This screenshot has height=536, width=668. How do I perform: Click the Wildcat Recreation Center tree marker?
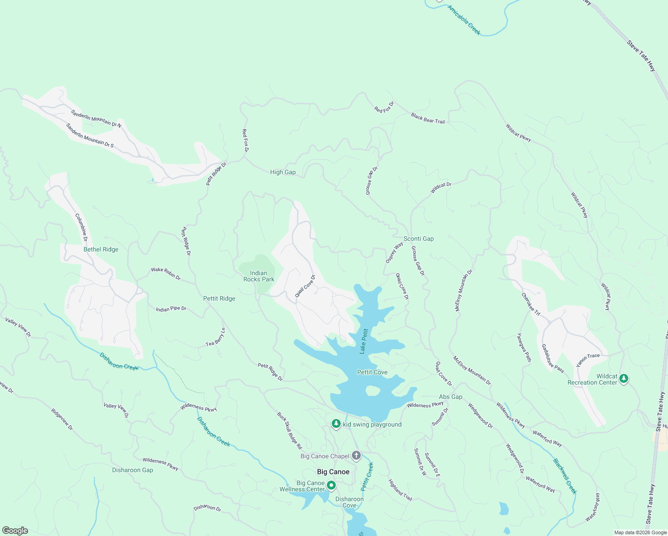(x=624, y=379)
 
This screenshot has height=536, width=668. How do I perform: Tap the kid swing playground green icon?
(x=336, y=424)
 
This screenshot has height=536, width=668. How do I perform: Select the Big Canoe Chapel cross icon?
(x=356, y=456)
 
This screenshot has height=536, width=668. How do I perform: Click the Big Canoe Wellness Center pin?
(x=331, y=485)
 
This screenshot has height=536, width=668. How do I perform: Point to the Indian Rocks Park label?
(x=259, y=276)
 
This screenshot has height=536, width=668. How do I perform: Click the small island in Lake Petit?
(x=372, y=391)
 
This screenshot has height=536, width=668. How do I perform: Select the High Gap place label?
(x=283, y=172)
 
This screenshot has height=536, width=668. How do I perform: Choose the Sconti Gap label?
(x=418, y=239)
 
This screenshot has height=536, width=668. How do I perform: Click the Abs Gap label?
(x=451, y=397)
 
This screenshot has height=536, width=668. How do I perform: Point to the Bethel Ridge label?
(x=101, y=249)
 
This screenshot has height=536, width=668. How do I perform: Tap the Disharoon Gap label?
(x=133, y=470)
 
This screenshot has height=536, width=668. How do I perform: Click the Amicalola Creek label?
(x=464, y=20)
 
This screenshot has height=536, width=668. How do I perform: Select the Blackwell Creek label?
(x=565, y=476)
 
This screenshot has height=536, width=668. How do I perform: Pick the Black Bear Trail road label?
(x=428, y=118)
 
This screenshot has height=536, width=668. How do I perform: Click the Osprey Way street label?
(x=394, y=252)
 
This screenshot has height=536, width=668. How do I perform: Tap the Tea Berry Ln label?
(x=216, y=337)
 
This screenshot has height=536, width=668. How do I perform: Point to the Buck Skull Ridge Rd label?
(x=289, y=431)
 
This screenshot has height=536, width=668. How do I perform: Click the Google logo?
(x=15, y=531)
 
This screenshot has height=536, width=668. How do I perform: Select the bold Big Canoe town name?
(x=333, y=472)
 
